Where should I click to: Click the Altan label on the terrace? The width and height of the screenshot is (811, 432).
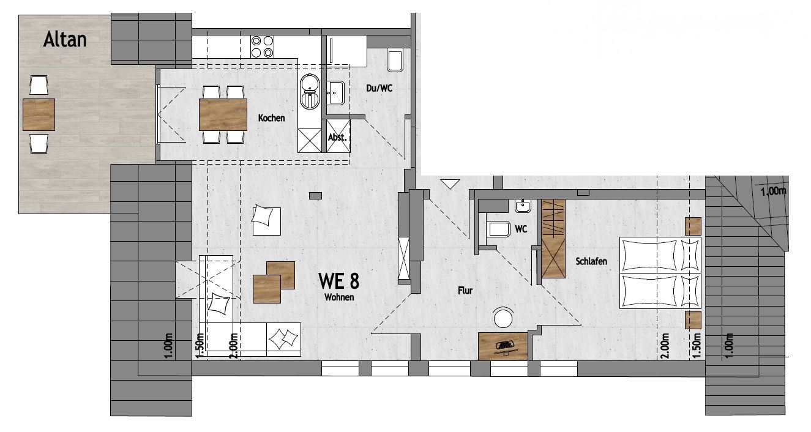click(x=65, y=39)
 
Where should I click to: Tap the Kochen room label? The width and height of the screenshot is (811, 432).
click(x=271, y=118)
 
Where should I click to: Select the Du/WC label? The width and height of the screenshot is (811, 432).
click(x=379, y=88)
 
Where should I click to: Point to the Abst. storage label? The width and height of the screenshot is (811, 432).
click(x=337, y=138)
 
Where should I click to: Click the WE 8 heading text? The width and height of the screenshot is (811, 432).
click(x=338, y=281)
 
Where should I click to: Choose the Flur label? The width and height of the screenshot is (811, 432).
click(x=465, y=290)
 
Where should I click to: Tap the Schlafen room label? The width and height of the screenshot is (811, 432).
click(x=591, y=261)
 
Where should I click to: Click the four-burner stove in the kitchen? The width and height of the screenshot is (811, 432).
click(x=262, y=47)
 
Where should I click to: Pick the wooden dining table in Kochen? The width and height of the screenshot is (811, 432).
click(x=223, y=114)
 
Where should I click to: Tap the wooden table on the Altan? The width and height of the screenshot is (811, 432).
click(x=39, y=114)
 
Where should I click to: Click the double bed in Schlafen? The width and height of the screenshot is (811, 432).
click(x=660, y=273)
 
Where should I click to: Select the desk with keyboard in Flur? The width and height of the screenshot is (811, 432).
click(x=503, y=346)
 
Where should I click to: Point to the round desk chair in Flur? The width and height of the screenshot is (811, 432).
click(x=503, y=318)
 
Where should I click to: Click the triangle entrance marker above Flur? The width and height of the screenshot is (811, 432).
click(x=450, y=184)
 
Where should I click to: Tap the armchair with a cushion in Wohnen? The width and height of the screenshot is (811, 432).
click(x=266, y=220)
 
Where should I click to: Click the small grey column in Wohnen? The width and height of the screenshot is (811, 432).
click(x=315, y=196)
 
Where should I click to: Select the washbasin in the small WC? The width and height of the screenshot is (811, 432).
click(x=523, y=206)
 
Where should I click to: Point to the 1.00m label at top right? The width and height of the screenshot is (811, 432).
click(x=773, y=191)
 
